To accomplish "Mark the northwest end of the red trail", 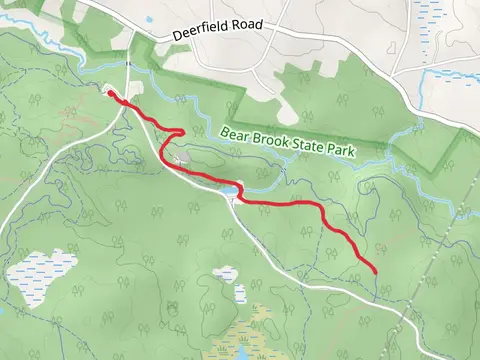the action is [109, 93].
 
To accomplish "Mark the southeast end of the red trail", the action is [374, 270].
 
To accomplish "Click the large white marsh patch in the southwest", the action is [42, 274].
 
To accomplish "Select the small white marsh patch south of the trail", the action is [227, 274].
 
